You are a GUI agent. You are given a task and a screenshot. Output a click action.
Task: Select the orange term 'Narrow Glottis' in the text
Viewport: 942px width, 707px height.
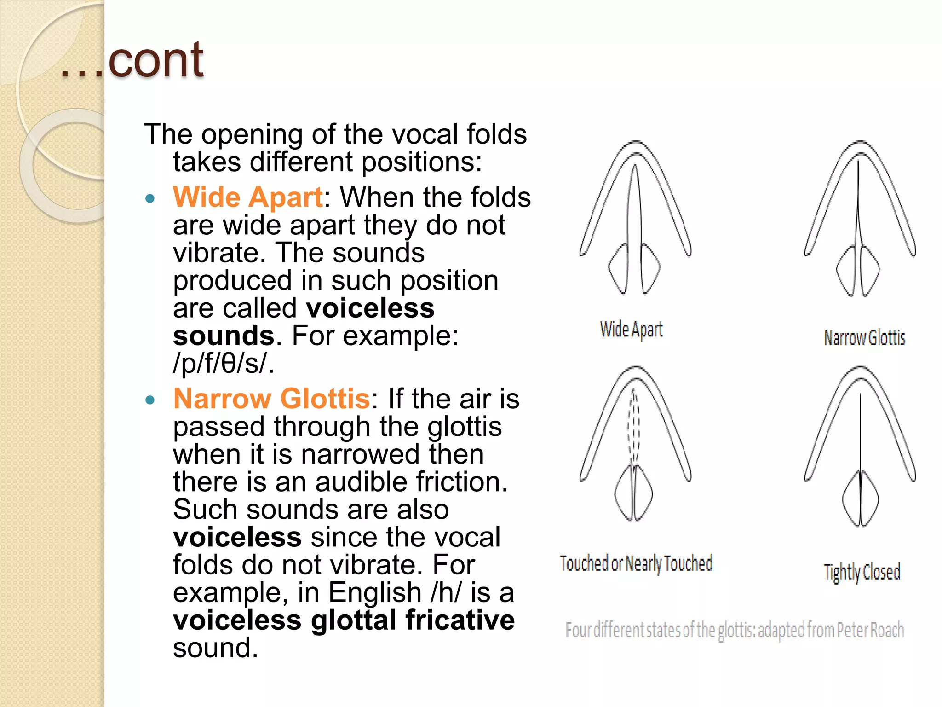pos(271,399)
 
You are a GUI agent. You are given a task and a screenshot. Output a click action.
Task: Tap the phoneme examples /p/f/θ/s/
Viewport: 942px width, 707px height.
pos(223,364)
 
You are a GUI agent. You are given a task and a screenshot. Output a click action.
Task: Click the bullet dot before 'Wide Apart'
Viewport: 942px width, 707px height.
pos(150,199)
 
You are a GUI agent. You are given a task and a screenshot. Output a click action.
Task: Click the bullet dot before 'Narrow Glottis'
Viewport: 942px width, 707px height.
pos(150,400)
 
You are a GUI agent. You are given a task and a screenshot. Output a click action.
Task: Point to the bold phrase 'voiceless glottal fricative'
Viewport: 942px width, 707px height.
pos(344,620)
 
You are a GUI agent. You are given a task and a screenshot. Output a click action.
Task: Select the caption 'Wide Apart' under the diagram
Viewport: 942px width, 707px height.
pos(631,330)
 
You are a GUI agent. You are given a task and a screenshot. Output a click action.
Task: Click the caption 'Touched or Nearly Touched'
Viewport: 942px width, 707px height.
pos(636,563)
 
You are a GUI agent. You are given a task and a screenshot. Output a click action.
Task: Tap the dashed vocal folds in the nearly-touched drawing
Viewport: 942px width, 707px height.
pos(634,426)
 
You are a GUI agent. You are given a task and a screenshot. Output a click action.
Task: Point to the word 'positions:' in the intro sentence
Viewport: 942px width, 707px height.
pos(421,162)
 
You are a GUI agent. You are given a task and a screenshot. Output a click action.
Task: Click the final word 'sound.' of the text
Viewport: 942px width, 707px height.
pos(215,648)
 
